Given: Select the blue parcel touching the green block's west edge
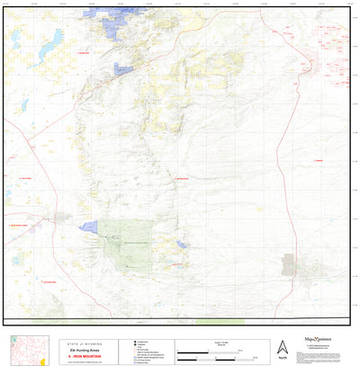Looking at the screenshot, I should (90, 227).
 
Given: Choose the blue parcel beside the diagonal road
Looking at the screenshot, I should (123, 68).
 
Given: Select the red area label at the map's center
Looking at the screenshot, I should (180, 178).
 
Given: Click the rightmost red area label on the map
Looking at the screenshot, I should (318, 160).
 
